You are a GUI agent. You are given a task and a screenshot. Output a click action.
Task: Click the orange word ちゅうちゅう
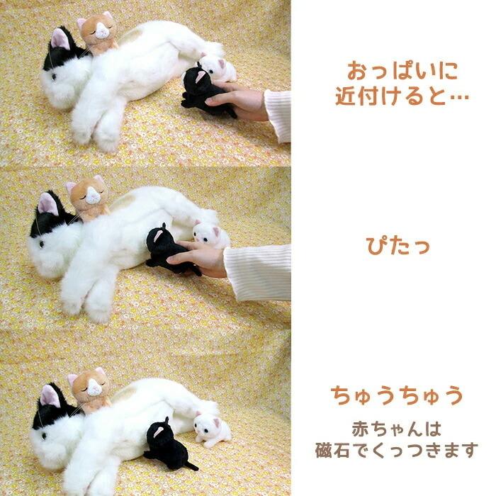click(x=398, y=394)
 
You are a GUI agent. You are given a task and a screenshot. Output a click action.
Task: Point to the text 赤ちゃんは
click(x=398, y=429)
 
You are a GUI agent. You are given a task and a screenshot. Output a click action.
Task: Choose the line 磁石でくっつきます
click(x=398, y=450)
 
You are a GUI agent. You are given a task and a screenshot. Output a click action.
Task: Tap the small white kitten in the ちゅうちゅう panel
click(x=213, y=429)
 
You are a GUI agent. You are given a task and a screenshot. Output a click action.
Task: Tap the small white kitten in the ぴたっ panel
click(x=210, y=234)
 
